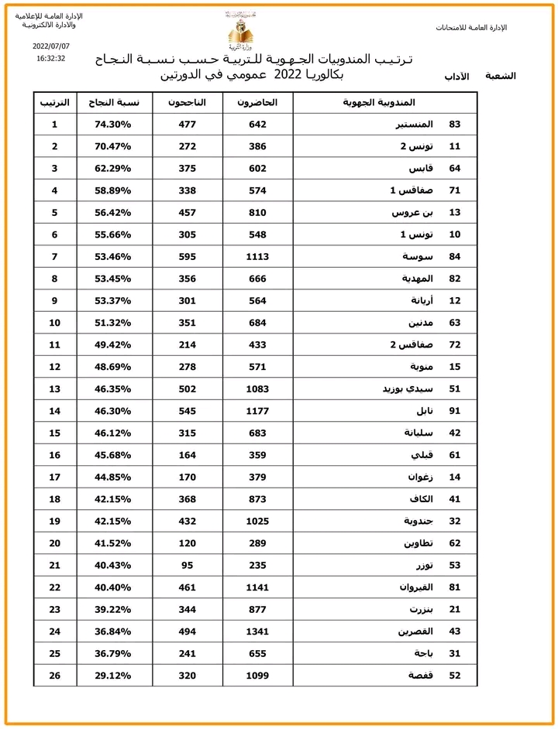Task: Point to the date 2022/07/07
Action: [51, 46]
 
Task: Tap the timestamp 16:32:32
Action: [51, 58]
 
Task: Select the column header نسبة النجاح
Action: [115, 102]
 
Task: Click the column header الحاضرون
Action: [257, 102]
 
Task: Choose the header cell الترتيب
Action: [54, 102]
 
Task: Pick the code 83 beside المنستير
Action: [455, 125]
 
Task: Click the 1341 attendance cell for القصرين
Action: [257, 631]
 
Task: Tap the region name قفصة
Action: [418, 675]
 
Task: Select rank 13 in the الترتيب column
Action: [54, 388]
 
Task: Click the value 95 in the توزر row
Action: [187, 565]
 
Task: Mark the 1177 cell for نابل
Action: [257, 410]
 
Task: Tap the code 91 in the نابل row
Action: [455, 410]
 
